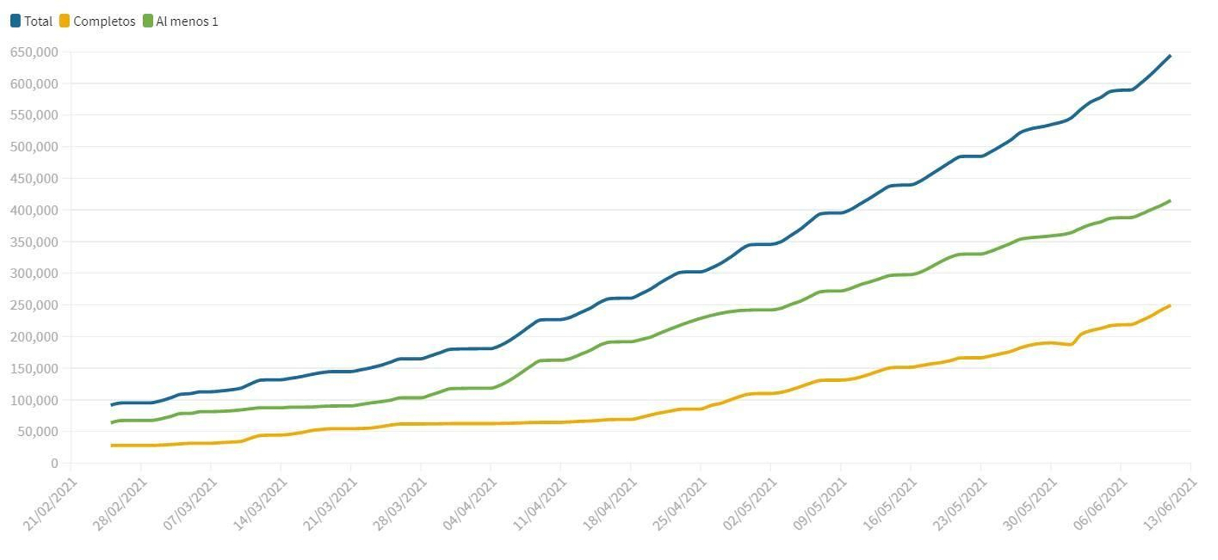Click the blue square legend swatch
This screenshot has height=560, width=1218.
(15, 21)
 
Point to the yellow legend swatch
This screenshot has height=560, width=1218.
(65, 21)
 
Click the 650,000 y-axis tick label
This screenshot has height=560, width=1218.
(34, 52)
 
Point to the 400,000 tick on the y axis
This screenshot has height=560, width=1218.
(34, 210)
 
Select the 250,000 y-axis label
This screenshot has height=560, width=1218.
(34, 305)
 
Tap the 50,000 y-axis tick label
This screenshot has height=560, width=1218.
(37, 431)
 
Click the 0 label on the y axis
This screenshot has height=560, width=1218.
(54, 463)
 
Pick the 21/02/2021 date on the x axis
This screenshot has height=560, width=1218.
(50, 504)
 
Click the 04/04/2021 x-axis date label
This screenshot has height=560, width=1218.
(470, 504)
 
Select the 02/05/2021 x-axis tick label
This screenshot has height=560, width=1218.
(750, 504)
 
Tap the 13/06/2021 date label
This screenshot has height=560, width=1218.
(1170, 504)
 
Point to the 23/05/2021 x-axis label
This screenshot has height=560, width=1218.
(960, 504)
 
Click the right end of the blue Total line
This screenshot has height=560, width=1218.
(1170, 56)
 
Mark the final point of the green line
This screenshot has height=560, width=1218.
(1170, 201)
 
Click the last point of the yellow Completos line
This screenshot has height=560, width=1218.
(1170, 306)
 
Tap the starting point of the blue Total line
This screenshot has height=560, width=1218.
(112, 405)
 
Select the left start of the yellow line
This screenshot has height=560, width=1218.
(112, 445)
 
